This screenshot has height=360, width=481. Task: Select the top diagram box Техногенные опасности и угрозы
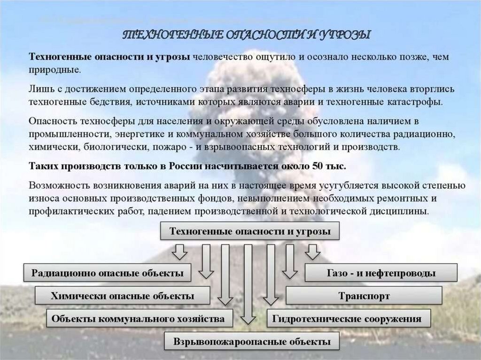(x=250, y=232)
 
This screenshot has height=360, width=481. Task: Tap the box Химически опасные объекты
(x=122, y=296)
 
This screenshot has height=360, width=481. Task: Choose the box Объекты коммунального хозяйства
(x=139, y=319)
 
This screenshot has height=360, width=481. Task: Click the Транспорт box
(x=364, y=296)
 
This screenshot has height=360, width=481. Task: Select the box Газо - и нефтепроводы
(x=381, y=273)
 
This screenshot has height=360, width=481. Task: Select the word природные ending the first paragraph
(x=54, y=69)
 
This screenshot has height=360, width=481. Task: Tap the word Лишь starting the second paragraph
(x=39, y=89)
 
